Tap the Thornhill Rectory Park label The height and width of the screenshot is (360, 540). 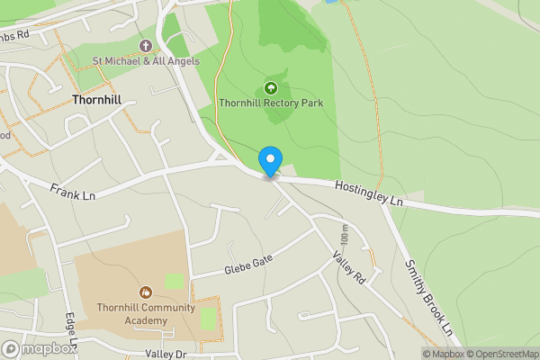271,103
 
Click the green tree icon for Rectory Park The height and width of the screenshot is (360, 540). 271,88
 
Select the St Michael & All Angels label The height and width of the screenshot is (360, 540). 146,61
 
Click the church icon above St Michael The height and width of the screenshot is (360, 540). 146,46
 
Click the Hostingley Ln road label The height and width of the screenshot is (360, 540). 368,193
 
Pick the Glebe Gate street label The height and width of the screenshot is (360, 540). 248,265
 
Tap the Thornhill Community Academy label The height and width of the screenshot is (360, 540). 146,313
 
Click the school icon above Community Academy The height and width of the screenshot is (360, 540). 146,292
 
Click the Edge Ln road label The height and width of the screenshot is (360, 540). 72,332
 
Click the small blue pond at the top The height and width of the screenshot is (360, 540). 330,2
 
